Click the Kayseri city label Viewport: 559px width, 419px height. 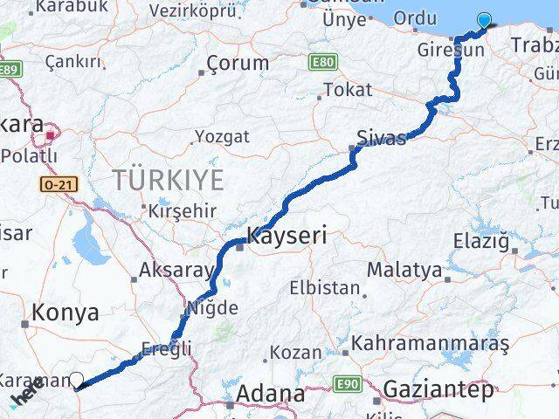287,235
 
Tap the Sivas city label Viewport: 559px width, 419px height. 381,138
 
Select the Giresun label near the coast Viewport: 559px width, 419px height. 451,50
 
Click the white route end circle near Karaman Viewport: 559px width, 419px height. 77,380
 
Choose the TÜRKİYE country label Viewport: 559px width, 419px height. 168,181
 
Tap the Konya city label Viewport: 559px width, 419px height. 66,313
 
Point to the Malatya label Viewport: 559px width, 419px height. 404,270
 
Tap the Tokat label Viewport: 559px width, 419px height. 348,89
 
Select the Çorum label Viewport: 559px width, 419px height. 238,63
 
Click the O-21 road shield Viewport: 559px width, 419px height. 54,184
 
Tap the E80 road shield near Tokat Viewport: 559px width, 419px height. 321,61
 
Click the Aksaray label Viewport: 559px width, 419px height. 175,270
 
